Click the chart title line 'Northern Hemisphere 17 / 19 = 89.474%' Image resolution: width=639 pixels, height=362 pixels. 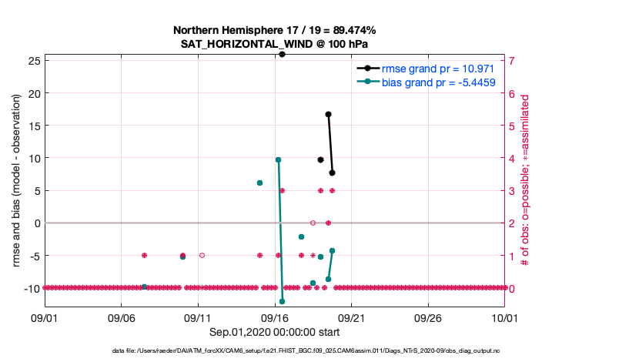coord(274,30)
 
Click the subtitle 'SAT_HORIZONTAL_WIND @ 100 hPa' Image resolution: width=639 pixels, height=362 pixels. coord(274,44)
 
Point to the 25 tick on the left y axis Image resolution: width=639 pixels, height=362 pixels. coord(33,60)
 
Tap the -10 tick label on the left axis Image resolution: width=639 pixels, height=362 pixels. coord(31,288)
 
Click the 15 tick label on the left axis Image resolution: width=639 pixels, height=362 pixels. coord(33,126)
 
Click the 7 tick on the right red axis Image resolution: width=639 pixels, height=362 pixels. coord(511,60)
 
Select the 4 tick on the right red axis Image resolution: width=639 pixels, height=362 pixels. coord(511,158)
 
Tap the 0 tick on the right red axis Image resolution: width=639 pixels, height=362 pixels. coord(511,288)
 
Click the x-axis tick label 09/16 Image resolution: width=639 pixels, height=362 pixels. coord(275,317)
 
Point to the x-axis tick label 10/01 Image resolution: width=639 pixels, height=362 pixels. coord(504,317)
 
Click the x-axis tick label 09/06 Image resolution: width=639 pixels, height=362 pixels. coord(122,317)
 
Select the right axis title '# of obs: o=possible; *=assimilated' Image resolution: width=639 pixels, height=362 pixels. coord(525,181)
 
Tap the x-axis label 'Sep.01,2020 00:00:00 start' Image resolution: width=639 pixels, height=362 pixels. coord(274,331)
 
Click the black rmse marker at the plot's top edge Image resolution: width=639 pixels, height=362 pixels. coord(283,55)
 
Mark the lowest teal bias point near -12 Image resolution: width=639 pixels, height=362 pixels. coord(283,301)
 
